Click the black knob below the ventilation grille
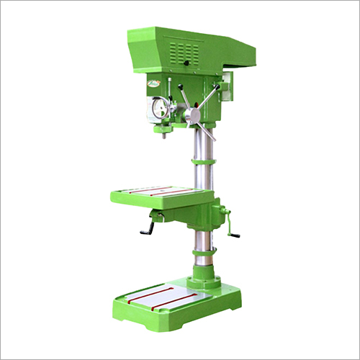186,64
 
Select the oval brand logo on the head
154,85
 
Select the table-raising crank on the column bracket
232,225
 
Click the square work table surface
158,194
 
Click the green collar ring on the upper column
202,166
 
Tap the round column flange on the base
204,278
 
